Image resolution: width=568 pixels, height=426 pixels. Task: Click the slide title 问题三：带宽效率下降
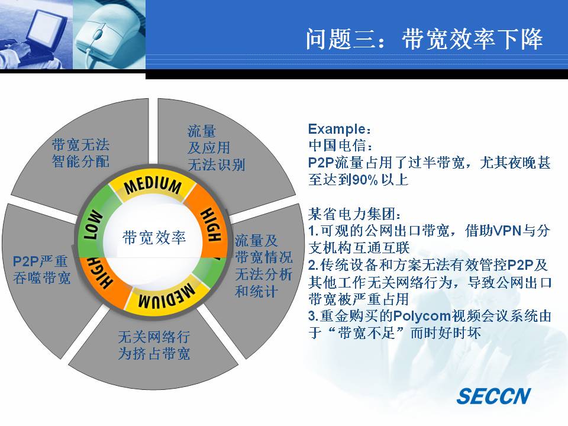(x=424, y=39)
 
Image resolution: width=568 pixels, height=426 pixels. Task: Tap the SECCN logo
(x=493, y=396)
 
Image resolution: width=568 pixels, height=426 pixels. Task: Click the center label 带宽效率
(x=154, y=238)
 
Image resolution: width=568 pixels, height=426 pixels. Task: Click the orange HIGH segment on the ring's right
(x=211, y=224)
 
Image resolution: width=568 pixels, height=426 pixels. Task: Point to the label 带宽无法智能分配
(x=80, y=153)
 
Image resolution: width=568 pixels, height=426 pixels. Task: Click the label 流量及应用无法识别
(x=217, y=148)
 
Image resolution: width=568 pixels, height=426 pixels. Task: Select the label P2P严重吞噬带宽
(x=41, y=270)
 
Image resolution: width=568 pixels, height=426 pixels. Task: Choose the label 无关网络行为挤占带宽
(x=154, y=345)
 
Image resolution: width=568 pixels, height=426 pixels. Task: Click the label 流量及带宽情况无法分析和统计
(x=263, y=266)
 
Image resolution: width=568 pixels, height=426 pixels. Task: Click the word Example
(x=337, y=129)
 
